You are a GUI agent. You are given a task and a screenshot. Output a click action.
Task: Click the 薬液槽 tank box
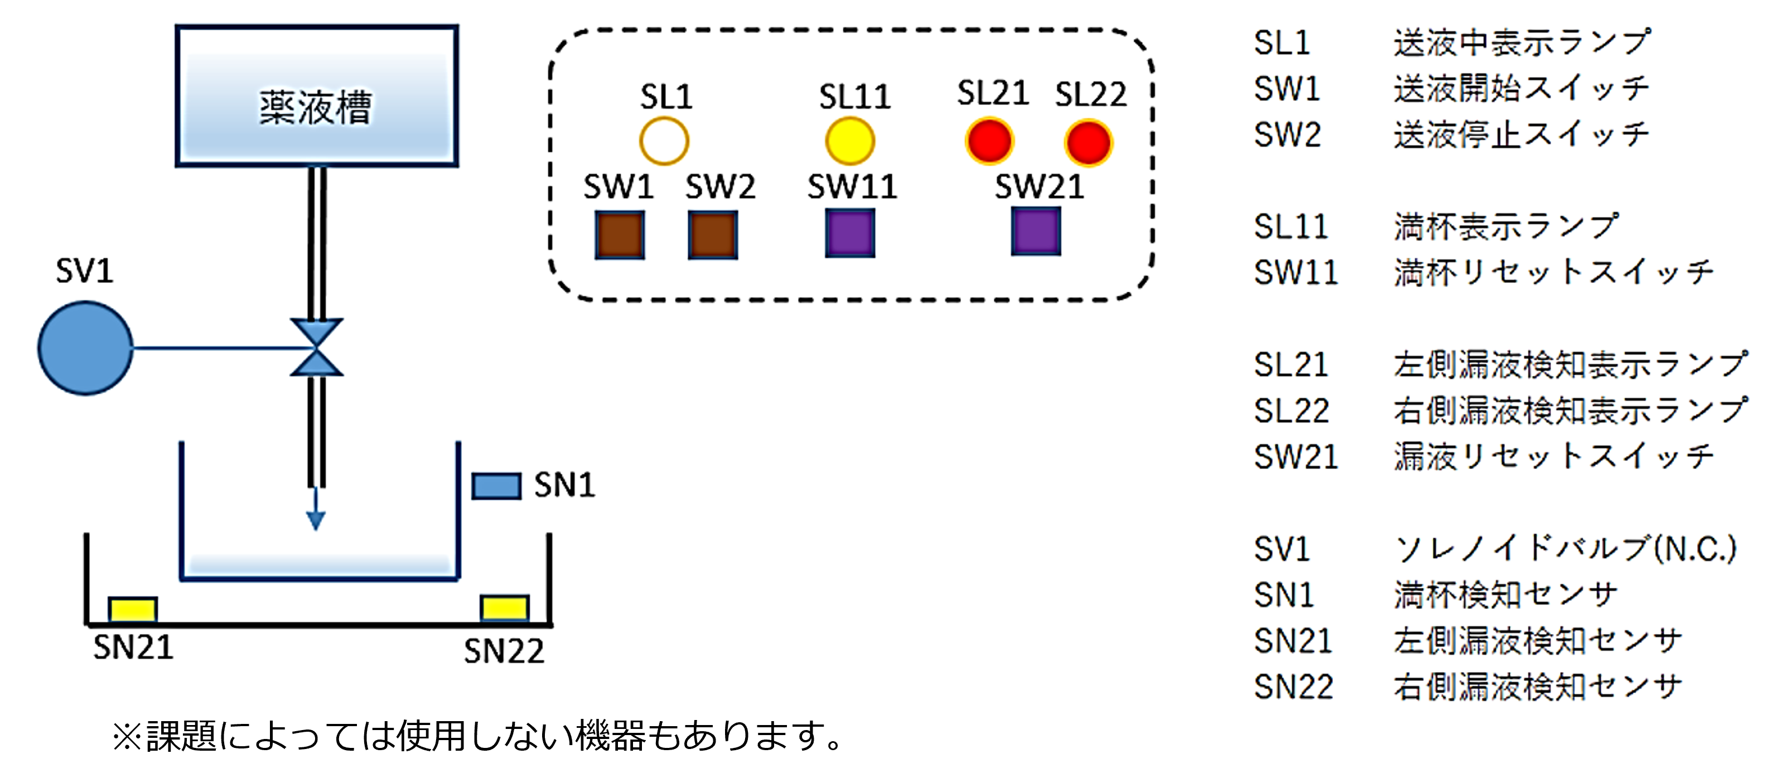tap(317, 96)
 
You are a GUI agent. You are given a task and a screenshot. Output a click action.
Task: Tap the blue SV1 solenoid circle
tap(85, 349)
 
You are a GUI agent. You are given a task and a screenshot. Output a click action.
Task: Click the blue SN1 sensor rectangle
tap(496, 486)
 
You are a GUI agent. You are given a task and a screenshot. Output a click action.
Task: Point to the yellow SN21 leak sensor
tap(133, 609)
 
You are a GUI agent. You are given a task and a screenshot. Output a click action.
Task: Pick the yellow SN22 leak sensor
tap(505, 608)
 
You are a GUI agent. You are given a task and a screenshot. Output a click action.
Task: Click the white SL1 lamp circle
tap(664, 141)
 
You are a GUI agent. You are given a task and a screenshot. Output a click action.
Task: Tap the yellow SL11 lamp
tap(850, 141)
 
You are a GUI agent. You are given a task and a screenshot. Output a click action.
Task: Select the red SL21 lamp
tap(989, 141)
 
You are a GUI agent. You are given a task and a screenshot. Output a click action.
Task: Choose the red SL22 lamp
tap(1088, 142)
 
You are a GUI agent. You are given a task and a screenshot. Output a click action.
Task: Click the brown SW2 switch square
tap(713, 235)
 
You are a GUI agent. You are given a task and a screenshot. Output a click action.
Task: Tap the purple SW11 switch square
tap(850, 233)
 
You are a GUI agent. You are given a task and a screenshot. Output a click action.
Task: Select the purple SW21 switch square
tap(1036, 232)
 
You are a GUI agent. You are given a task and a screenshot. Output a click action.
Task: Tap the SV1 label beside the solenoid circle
tap(84, 270)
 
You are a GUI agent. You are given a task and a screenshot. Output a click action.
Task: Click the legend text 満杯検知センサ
tap(1505, 595)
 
